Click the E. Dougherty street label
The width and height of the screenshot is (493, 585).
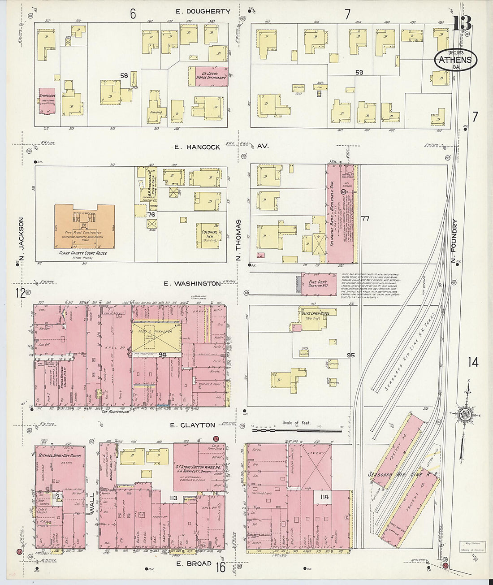tap(203, 12)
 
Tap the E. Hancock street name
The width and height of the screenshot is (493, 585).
tap(197, 147)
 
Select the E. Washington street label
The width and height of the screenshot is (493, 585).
tap(192, 283)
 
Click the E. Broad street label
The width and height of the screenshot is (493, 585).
tap(194, 563)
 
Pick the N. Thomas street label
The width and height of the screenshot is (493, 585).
tap(238, 240)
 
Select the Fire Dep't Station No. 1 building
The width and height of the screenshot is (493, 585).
tap(319, 284)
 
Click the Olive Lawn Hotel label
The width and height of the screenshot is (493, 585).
tap(316, 313)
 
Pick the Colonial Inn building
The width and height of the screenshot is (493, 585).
tap(209, 236)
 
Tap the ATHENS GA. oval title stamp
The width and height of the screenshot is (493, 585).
tap(455, 60)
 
